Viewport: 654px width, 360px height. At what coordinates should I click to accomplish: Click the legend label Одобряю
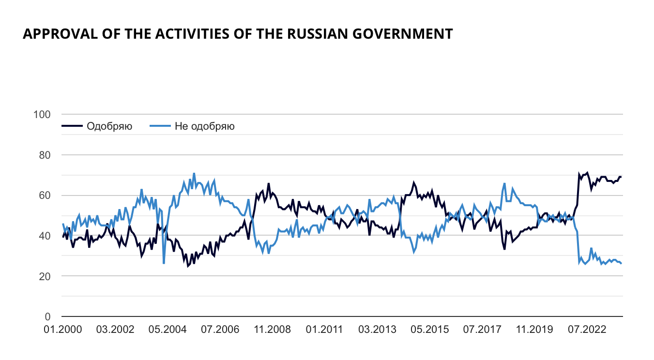pyautogui.click(x=109, y=127)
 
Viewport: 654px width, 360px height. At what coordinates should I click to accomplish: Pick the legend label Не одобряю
pyautogui.click(x=205, y=127)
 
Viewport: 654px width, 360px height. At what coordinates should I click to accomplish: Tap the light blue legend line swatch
pyautogui.click(x=160, y=127)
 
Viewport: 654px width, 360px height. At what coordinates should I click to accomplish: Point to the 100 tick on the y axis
pyautogui.click(x=42, y=115)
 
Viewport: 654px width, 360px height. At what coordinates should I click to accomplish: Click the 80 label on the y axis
pyautogui.click(x=45, y=155)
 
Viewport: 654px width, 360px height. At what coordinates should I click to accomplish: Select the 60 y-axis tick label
pyautogui.click(x=45, y=195)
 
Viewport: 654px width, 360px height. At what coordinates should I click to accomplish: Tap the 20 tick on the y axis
pyautogui.click(x=45, y=276)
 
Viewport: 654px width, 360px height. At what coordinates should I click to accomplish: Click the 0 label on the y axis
pyautogui.click(x=47, y=317)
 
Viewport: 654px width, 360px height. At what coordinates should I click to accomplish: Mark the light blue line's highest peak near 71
pyautogui.click(x=194, y=173)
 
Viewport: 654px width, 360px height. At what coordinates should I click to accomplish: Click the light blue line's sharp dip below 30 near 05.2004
pyautogui.click(x=164, y=263)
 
